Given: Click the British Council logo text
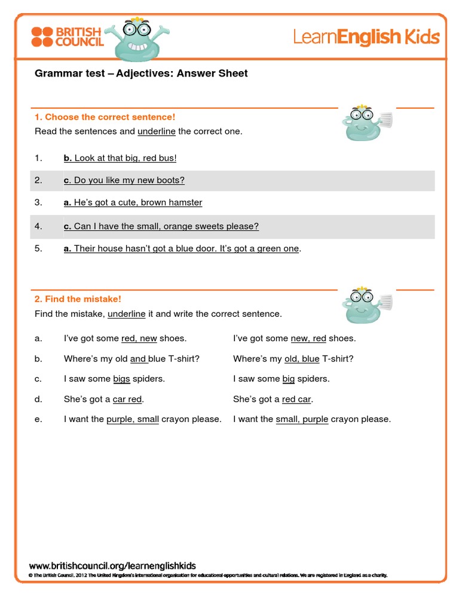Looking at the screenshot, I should click(79, 36).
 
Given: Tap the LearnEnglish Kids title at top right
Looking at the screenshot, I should click(366, 38).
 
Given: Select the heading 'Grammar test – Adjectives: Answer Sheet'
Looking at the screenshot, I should click(141, 74).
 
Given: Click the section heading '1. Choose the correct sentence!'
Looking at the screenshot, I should click(105, 117).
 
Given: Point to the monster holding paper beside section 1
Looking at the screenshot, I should click(365, 123).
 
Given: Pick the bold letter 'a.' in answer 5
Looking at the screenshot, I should click(68, 249).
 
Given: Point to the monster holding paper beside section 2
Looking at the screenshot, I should click(365, 304).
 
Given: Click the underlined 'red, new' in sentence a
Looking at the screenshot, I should click(139, 338).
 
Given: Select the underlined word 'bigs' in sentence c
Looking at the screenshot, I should click(121, 379).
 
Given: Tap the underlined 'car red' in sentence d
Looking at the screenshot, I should click(127, 399).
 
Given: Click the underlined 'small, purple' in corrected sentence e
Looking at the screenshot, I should click(302, 420).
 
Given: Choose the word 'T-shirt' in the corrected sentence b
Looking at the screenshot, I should click(337, 359).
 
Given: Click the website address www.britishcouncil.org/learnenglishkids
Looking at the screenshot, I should click(112, 565).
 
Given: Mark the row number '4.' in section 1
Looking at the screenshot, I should click(38, 227).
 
